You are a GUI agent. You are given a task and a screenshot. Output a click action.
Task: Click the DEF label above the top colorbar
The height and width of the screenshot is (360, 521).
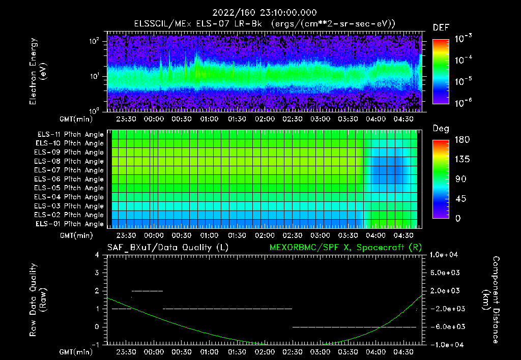441,27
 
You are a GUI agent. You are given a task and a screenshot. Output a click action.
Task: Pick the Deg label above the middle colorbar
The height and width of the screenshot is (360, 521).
441,129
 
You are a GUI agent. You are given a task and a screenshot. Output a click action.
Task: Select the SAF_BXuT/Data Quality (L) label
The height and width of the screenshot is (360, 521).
167,247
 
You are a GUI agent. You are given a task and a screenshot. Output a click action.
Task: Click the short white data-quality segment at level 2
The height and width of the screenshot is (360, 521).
147,291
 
